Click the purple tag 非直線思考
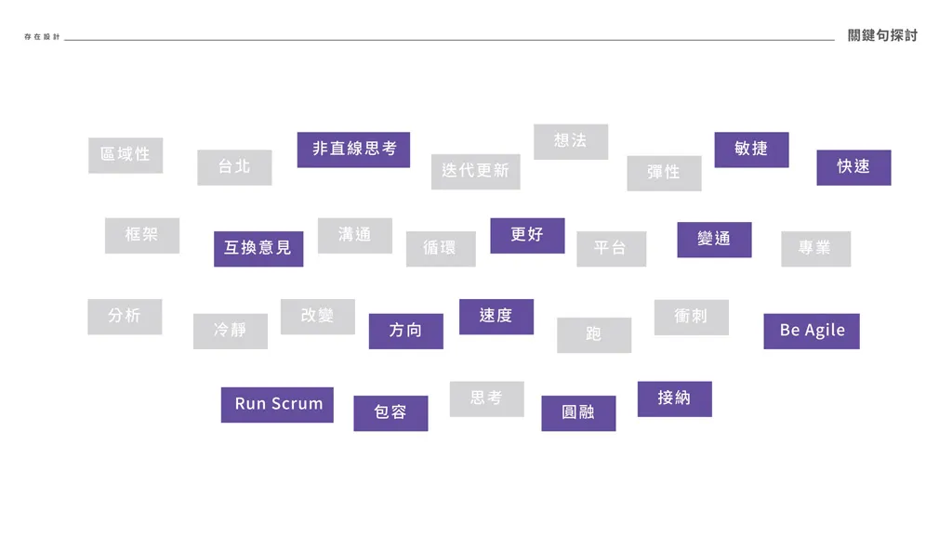pyautogui.click(x=353, y=150)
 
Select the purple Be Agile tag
pyautogui.click(x=812, y=331)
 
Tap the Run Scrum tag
pyautogui.click(x=277, y=404)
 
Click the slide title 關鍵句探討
pyautogui.click(x=882, y=35)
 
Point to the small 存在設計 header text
pyautogui.click(x=42, y=37)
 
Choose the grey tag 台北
pyautogui.click(x=234, y=167)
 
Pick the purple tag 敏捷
pyautogui.click(x=751, y=150)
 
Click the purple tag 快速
pyautogui.click(x=853, y=167)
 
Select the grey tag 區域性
pyautogui.click(x=126, y=155)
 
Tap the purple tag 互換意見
pyautogui.click(x=258, y=248)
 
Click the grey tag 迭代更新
pyautogui.click(x=475, y=172)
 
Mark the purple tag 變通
pyautogui.click(x=714, y=240)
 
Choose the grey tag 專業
pyautogui.click(x=815, y=249)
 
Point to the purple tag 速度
pyautogui.click(x=496, y=317)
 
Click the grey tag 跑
pyautogui.click(x=594, y=334)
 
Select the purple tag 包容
pyautogui.click(x=390, y=412)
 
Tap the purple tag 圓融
pyautogui.click(x=578, y=412)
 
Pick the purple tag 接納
pyautogui.click(x=674, y=398)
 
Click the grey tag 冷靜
pyautogui.click(x=231, y=331)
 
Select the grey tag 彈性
pyautogui.click(x=664, y=173)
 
